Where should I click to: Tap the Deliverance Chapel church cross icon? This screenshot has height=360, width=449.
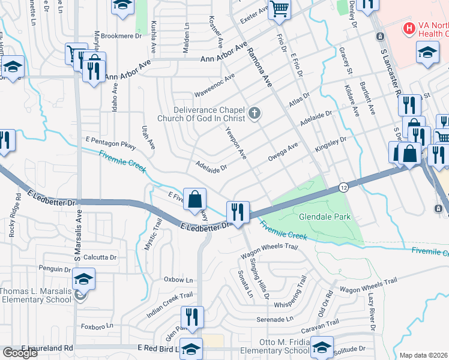click(255, 113)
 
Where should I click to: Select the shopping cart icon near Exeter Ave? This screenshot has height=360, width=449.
click(280, 9)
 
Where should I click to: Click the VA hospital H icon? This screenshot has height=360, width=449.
click(409, 28)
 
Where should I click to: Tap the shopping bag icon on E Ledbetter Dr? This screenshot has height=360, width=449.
click(195, 199)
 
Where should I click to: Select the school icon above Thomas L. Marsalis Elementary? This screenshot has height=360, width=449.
click(83, 278)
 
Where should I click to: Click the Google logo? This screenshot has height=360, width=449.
click(20, 353)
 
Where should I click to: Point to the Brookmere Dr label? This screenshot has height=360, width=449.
click(121, 35)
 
